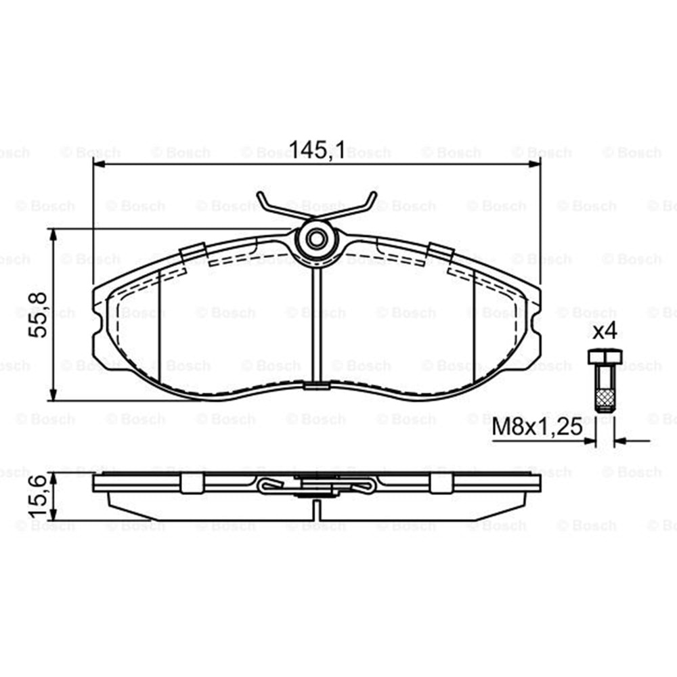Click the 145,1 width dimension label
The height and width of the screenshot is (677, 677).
pyautogui.click(x=318, y=150)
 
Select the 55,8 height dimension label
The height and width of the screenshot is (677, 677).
pyautogui.click(x=38, y=315)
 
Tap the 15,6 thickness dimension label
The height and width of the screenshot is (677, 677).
pyautogui.click(x=38, y=496)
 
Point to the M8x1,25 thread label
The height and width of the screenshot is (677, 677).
pyautogui.click(x=537, y=427)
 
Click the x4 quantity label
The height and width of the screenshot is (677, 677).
pyautogui.click(x=605, y=332)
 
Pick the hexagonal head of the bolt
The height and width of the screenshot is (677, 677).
pyautogui.click(x=605, y=357)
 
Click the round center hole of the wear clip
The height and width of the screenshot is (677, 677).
pyautogui.click(x=316, y=238)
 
